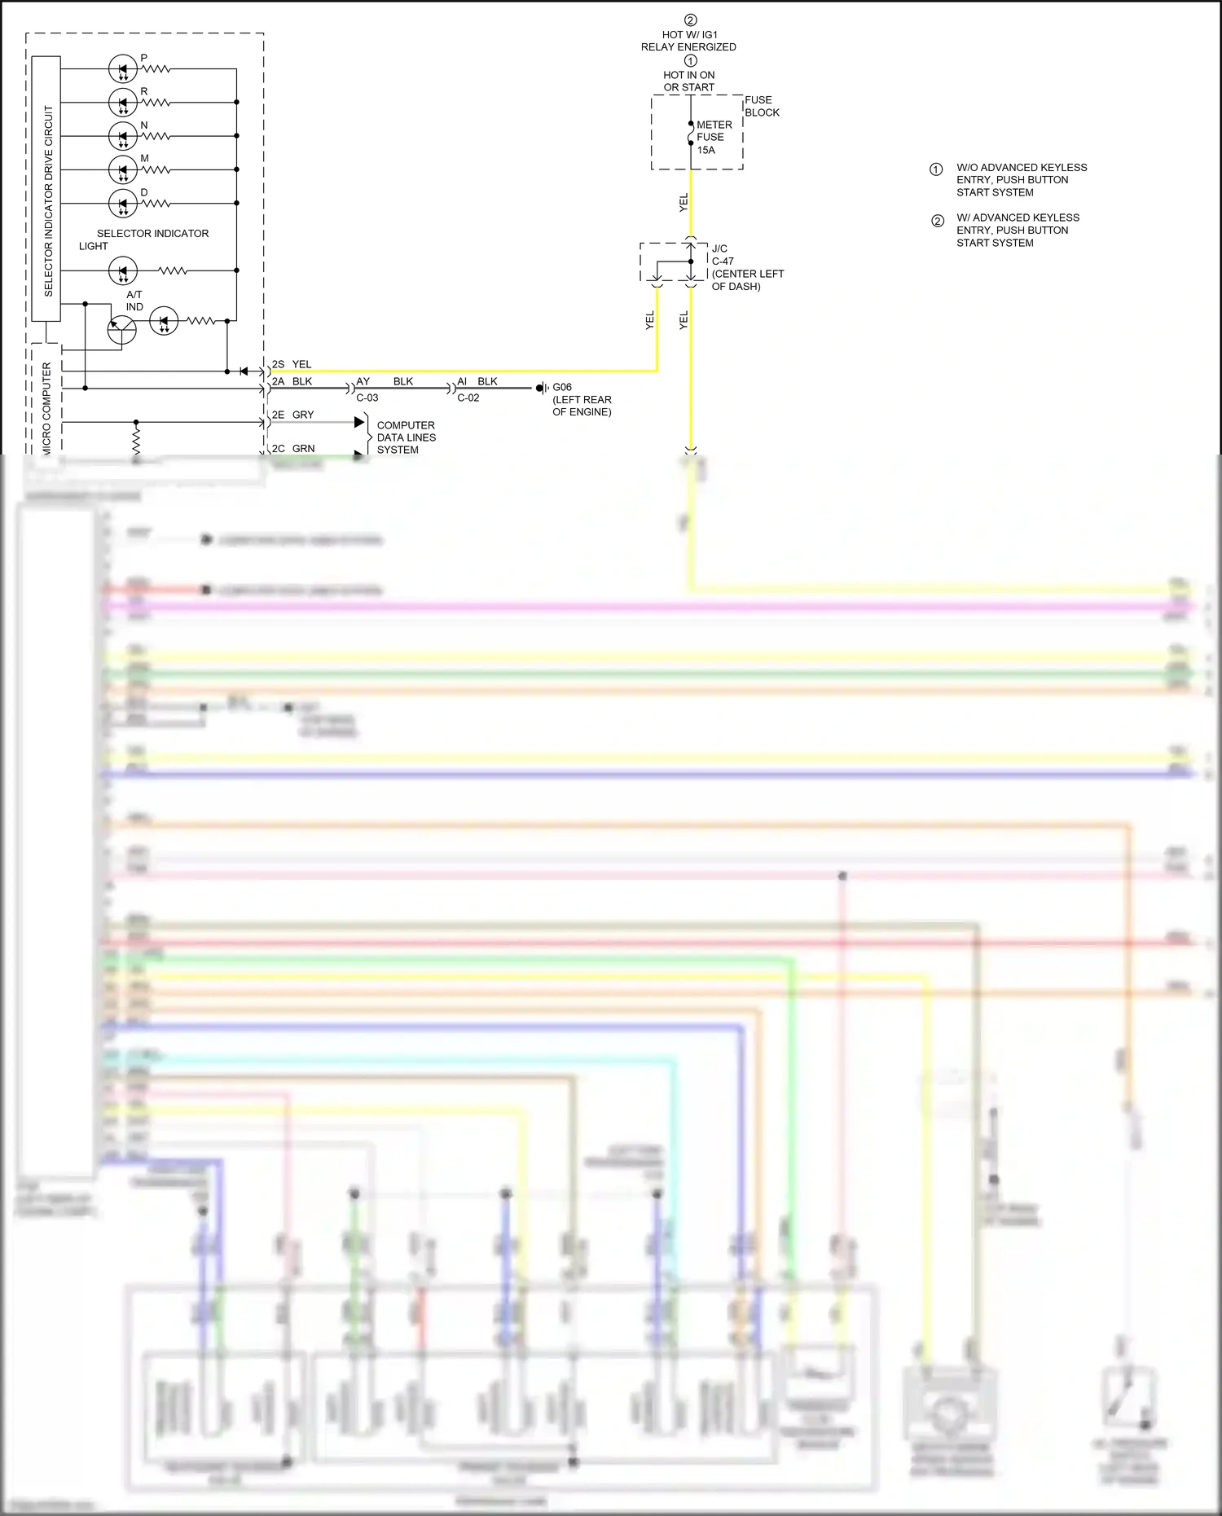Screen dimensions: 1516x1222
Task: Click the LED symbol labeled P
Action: (x=123, y=69)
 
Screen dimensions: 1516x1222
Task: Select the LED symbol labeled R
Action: (x=123, y=103)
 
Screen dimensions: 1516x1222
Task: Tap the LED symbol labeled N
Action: (x=123, y=136)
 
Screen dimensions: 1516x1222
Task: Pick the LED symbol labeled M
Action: (x=123, y=169)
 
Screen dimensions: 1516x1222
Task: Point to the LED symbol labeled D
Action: (x=123, y=203)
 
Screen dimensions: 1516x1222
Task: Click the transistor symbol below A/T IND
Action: (x=122, y=330)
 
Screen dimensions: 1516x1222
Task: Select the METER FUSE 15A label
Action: (x=714, y=137)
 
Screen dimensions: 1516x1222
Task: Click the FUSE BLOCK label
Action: (x=762, y=106)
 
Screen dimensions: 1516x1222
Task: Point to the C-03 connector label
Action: (x=367, y=398)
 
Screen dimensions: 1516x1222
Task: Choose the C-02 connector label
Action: (x=468, y=398)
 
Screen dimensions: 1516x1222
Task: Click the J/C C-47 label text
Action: (x=722, y=255)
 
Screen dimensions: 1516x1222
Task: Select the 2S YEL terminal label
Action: (x=292, y=364)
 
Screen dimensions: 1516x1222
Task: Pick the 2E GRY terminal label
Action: (x=292, y=415)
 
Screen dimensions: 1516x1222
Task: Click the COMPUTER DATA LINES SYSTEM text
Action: (x=406, y=437)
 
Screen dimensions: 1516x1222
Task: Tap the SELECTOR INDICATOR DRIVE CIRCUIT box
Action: (x=46, y=189)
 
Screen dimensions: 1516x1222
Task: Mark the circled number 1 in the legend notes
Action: (x=936, y=169)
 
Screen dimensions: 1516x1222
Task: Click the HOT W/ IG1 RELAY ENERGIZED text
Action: (x=688, y=41)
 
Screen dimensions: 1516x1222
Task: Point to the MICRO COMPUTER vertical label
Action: (x=46, y=407)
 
